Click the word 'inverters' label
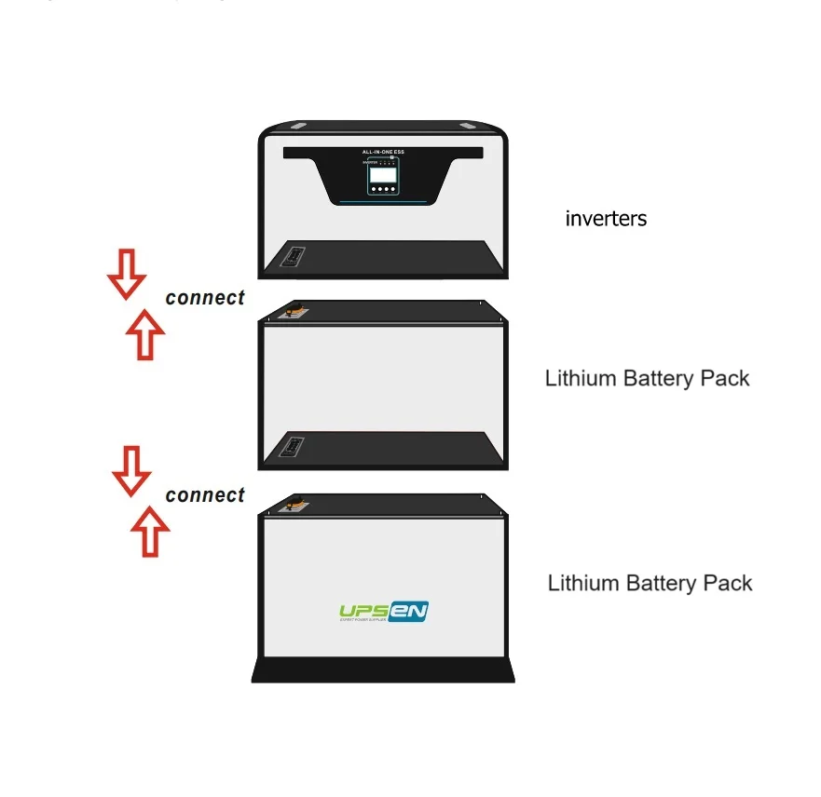[606, 220]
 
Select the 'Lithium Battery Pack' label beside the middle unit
[647, 379]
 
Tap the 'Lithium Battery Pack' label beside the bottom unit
[650, 584]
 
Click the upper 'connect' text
[205, 298]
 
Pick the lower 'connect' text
[205, 495]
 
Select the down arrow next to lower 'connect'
[131, 470]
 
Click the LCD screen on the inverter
[382, 174]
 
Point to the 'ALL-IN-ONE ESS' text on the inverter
[382, 151]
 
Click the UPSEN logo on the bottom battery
[383, 612]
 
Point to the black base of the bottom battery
[383, 669]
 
